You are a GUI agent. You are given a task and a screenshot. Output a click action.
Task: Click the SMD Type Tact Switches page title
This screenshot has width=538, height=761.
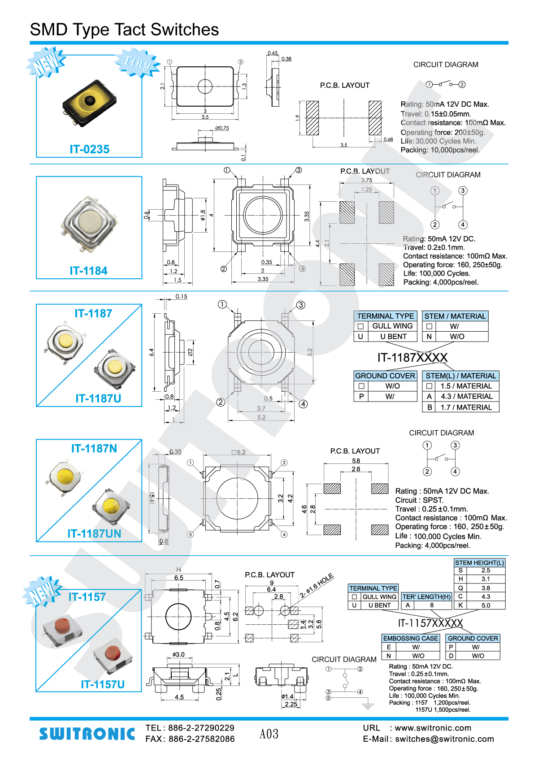pyautogui.click(x=124, y=30)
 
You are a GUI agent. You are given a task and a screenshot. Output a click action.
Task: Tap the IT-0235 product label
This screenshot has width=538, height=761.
pyautogui.click(x=89, y=149)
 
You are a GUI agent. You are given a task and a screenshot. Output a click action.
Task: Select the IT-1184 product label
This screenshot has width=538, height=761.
pyautogui.click(x=88, y=271)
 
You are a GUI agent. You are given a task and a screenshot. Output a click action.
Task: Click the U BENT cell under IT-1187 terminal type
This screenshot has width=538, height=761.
pyautogui.click(x=393, y=337)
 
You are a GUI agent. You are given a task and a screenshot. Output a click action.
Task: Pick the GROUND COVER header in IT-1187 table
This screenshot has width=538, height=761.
pyautogui.click(x=385, y=376)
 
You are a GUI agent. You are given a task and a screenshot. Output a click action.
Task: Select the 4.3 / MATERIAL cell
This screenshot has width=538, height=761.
pyautogui.click(x=466, y=397)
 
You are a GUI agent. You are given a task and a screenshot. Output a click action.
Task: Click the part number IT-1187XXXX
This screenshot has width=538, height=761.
pyautogui.click(x=412, y=358)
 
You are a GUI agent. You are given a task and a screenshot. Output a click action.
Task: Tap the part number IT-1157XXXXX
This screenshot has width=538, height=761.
pyautogui.click(x=430, y=623)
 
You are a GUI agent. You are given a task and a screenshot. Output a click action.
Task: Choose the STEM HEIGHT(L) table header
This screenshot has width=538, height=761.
pyautogui.click(x=479, y=563)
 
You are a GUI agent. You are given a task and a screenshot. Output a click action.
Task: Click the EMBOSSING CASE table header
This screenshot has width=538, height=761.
pyautogui.click(x=410, y=638)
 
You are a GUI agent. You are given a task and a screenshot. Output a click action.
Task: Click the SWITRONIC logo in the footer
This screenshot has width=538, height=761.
pyautogui.click(x=87, y=734)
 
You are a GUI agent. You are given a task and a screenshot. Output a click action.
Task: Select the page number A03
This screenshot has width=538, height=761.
pyautogui.click(x=269, y=734)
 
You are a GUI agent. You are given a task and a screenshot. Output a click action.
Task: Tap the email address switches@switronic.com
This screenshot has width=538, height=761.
pyautogui.click(x=444, y=739)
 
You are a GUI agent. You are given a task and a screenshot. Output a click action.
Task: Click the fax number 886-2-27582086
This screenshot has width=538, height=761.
pyautogui.click(x=201, y=739)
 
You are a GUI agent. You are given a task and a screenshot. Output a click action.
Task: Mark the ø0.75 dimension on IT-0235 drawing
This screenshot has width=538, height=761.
pyautogui.click(x=222, y=128)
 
